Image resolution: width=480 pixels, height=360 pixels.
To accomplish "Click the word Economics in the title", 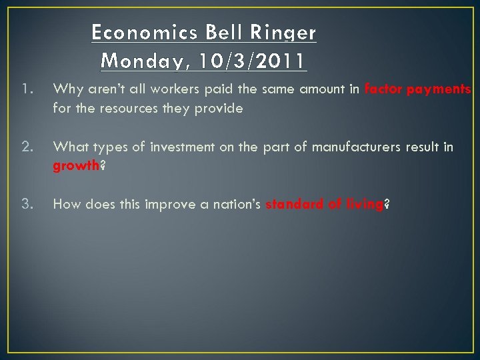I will pyautogui.click(x=131, y=32).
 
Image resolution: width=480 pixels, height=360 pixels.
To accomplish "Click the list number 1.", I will pyautogui.click(x=25, y=89).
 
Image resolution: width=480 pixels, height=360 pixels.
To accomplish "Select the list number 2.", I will pyautogui.click(x=25, y=147).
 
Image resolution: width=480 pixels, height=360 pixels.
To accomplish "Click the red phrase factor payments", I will pyautogui.click(x=418, y=89).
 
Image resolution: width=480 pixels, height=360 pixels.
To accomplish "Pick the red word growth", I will pyautogui.click(x=75, y=166).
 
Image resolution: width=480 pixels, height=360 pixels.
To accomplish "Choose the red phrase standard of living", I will pyautogui.click(x=325, y=205).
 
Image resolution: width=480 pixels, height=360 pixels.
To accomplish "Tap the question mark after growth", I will pyautogui.click(x=103, y=166).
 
